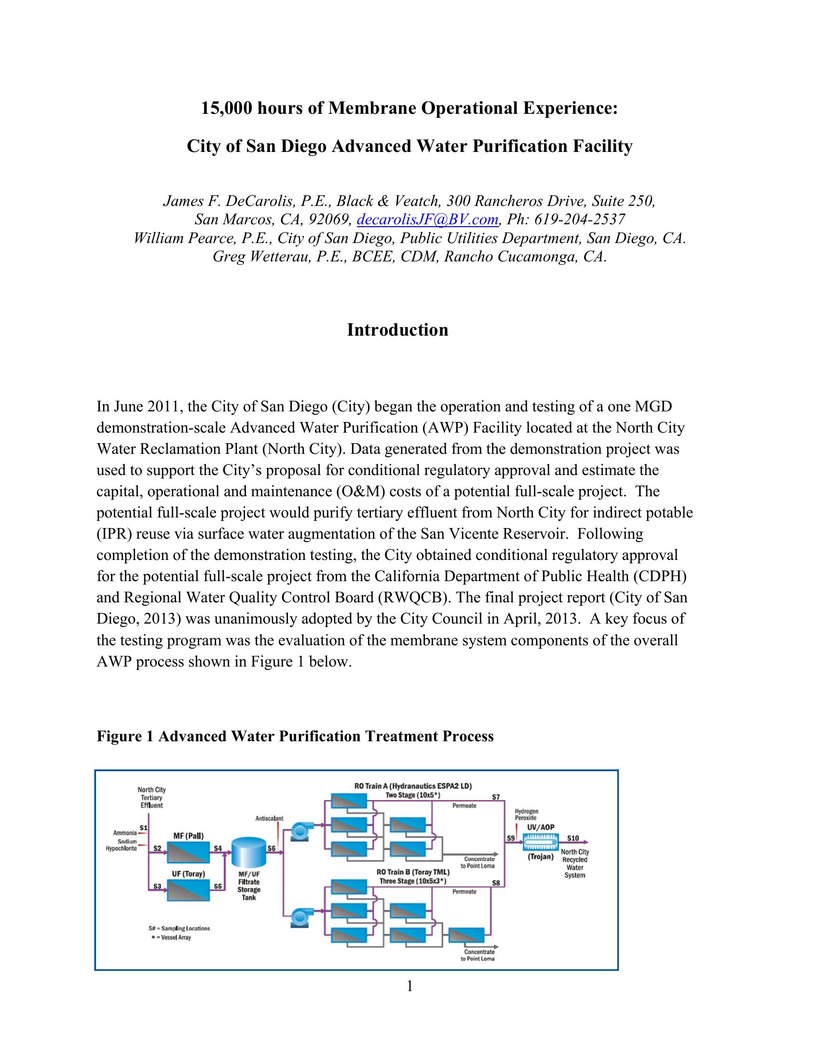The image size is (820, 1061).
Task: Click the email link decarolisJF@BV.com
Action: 427,220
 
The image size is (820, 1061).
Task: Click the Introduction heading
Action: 397,330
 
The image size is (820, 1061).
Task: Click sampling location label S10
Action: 573,838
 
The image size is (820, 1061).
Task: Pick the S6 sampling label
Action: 272,848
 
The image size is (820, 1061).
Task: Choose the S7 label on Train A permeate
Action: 495,797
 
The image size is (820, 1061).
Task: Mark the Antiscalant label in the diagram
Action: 270,818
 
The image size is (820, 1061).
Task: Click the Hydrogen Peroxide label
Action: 527,815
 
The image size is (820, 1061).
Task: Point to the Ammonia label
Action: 125,833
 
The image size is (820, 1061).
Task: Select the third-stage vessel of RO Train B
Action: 466,935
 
